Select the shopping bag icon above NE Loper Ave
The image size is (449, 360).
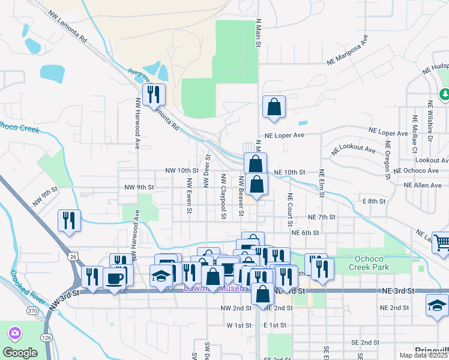274,107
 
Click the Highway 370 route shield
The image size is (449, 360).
32,310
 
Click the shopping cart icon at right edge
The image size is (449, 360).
441,243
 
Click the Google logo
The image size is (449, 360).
20,352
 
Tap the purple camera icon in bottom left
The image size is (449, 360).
14,332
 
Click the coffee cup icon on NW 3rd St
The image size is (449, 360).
114,278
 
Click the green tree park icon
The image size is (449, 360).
445,94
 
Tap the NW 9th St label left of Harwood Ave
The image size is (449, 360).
45,197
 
